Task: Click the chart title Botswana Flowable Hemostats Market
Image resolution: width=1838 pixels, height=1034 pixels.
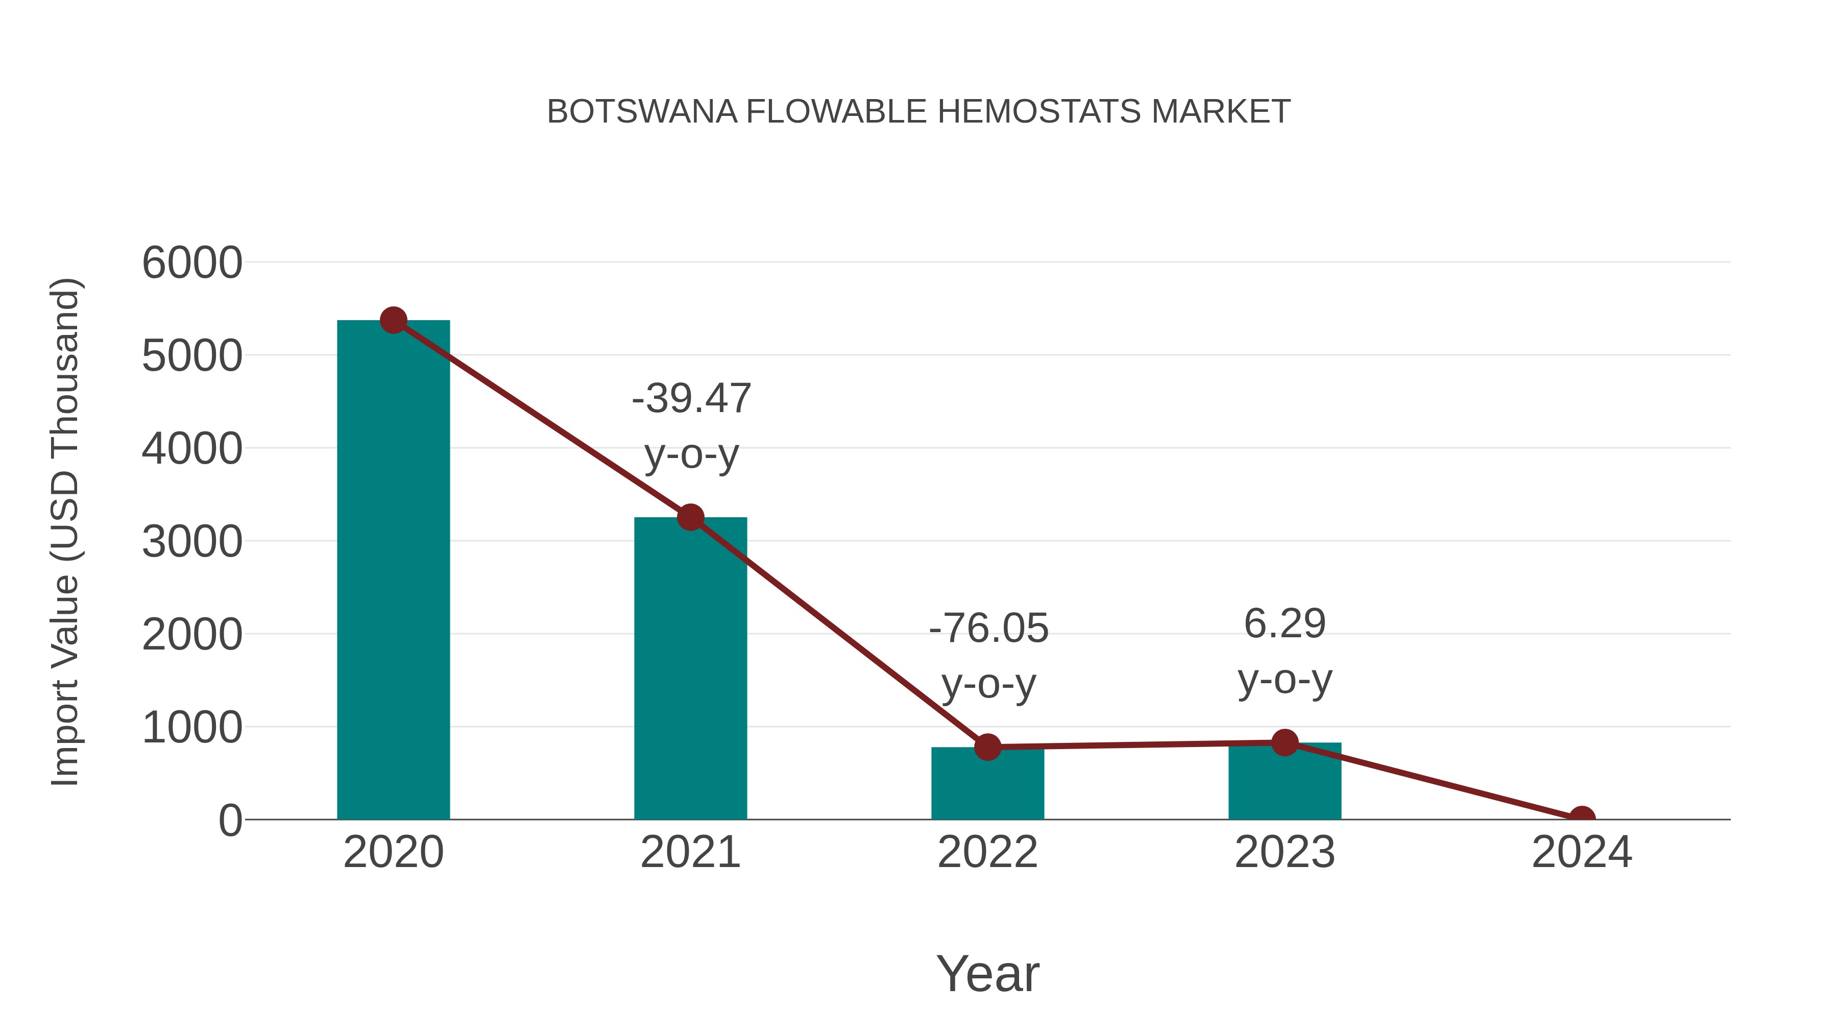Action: pos(918,112)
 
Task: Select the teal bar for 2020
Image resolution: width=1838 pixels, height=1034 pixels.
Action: pos(393,571)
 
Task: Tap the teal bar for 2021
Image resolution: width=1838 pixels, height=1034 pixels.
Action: pos(690,671)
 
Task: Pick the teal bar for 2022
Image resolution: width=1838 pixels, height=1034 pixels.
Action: pos(987,785)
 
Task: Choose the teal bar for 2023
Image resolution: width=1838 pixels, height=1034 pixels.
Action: pos(1285,783)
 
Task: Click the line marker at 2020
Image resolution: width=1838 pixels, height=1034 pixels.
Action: pos(393,320)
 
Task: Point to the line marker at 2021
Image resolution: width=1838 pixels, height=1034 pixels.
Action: pos(690,517)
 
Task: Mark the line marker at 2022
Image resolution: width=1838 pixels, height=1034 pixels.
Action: pos(987,747)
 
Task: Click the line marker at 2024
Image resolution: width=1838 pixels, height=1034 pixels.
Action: pos(1582,818)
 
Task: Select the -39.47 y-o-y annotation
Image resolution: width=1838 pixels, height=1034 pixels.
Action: pos(691,425)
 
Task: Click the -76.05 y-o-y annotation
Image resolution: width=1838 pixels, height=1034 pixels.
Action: pos(988,655)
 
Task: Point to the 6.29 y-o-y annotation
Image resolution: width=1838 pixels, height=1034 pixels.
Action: pos(1285,651)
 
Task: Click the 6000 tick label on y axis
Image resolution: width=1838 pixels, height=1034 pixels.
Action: pos(192,262)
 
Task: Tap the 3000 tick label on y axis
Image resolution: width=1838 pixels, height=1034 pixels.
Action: pos(192,542)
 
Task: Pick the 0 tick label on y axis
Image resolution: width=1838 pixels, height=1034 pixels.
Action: pos(230,821)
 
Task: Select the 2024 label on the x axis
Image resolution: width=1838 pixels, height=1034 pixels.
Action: pos(1582,852)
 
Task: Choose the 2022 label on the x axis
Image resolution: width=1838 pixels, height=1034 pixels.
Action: pos(987,852)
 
